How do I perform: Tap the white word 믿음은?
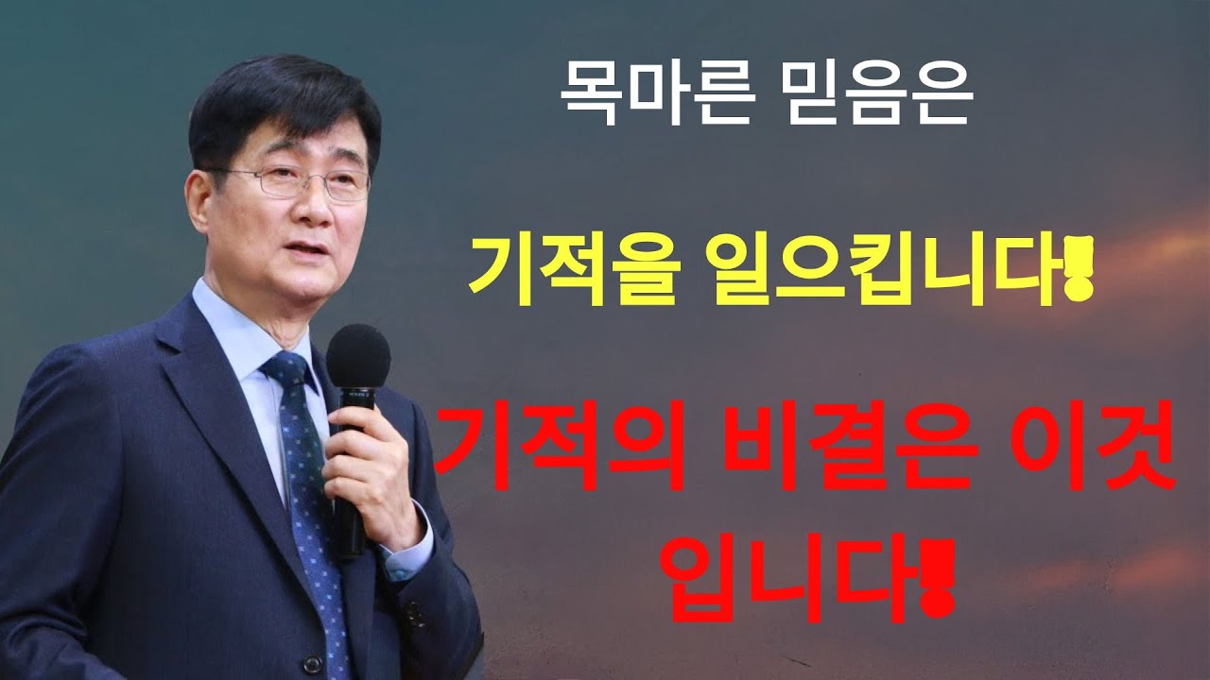tap(877, 97)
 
